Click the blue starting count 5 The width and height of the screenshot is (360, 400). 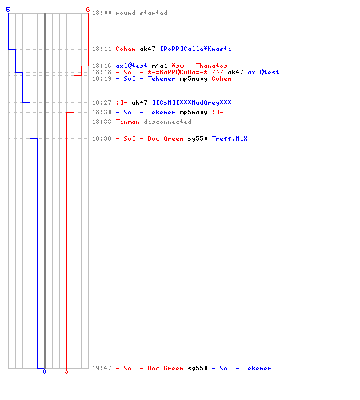8,10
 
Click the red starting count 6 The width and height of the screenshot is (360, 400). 88,10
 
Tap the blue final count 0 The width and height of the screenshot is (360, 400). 44,371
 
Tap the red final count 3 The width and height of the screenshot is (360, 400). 66,371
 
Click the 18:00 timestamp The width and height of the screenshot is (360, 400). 102,13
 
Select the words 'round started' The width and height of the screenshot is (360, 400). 142,13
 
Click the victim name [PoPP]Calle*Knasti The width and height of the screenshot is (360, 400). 196,49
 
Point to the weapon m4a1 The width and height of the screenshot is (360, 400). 159,66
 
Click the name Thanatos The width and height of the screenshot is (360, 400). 212,66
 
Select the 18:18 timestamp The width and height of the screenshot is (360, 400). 102,72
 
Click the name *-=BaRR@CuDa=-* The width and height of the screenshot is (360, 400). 178,72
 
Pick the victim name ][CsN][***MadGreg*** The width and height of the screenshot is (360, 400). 192,102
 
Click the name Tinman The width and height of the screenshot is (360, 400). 127,122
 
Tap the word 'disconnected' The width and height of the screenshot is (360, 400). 167,122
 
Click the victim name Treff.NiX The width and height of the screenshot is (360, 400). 230,138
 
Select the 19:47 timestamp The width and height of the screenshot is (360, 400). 102,368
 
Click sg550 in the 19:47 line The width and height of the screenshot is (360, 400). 198,368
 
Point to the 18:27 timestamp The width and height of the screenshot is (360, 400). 102,102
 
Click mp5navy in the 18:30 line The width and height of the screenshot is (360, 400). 194,113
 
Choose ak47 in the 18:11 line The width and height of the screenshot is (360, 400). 147,49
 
